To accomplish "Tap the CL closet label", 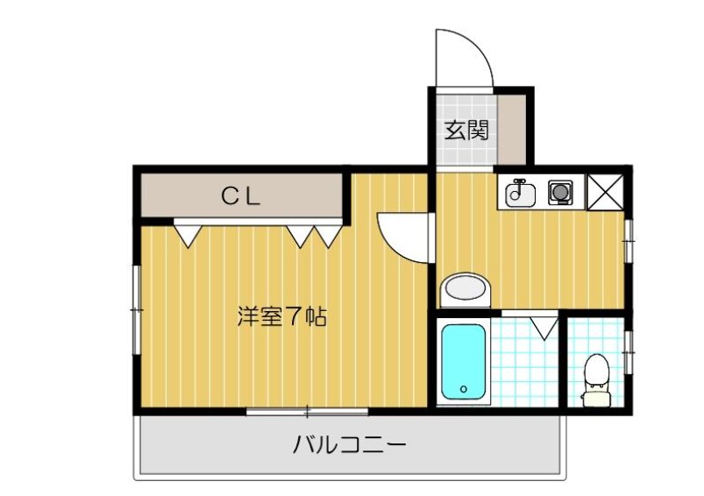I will pyautogui.click(x=239, y=197).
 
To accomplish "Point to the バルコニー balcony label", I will pyautogui.click(x=349, y=446).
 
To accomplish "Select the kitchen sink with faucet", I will pyautogui.click(x=520, y=192).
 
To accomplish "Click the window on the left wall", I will pyautogui.click(x=136, y=310).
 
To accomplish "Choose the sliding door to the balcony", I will pyautogui.click(x=307, y=410).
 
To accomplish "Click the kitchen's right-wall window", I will pyautogui.click(x=629, y=238).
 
